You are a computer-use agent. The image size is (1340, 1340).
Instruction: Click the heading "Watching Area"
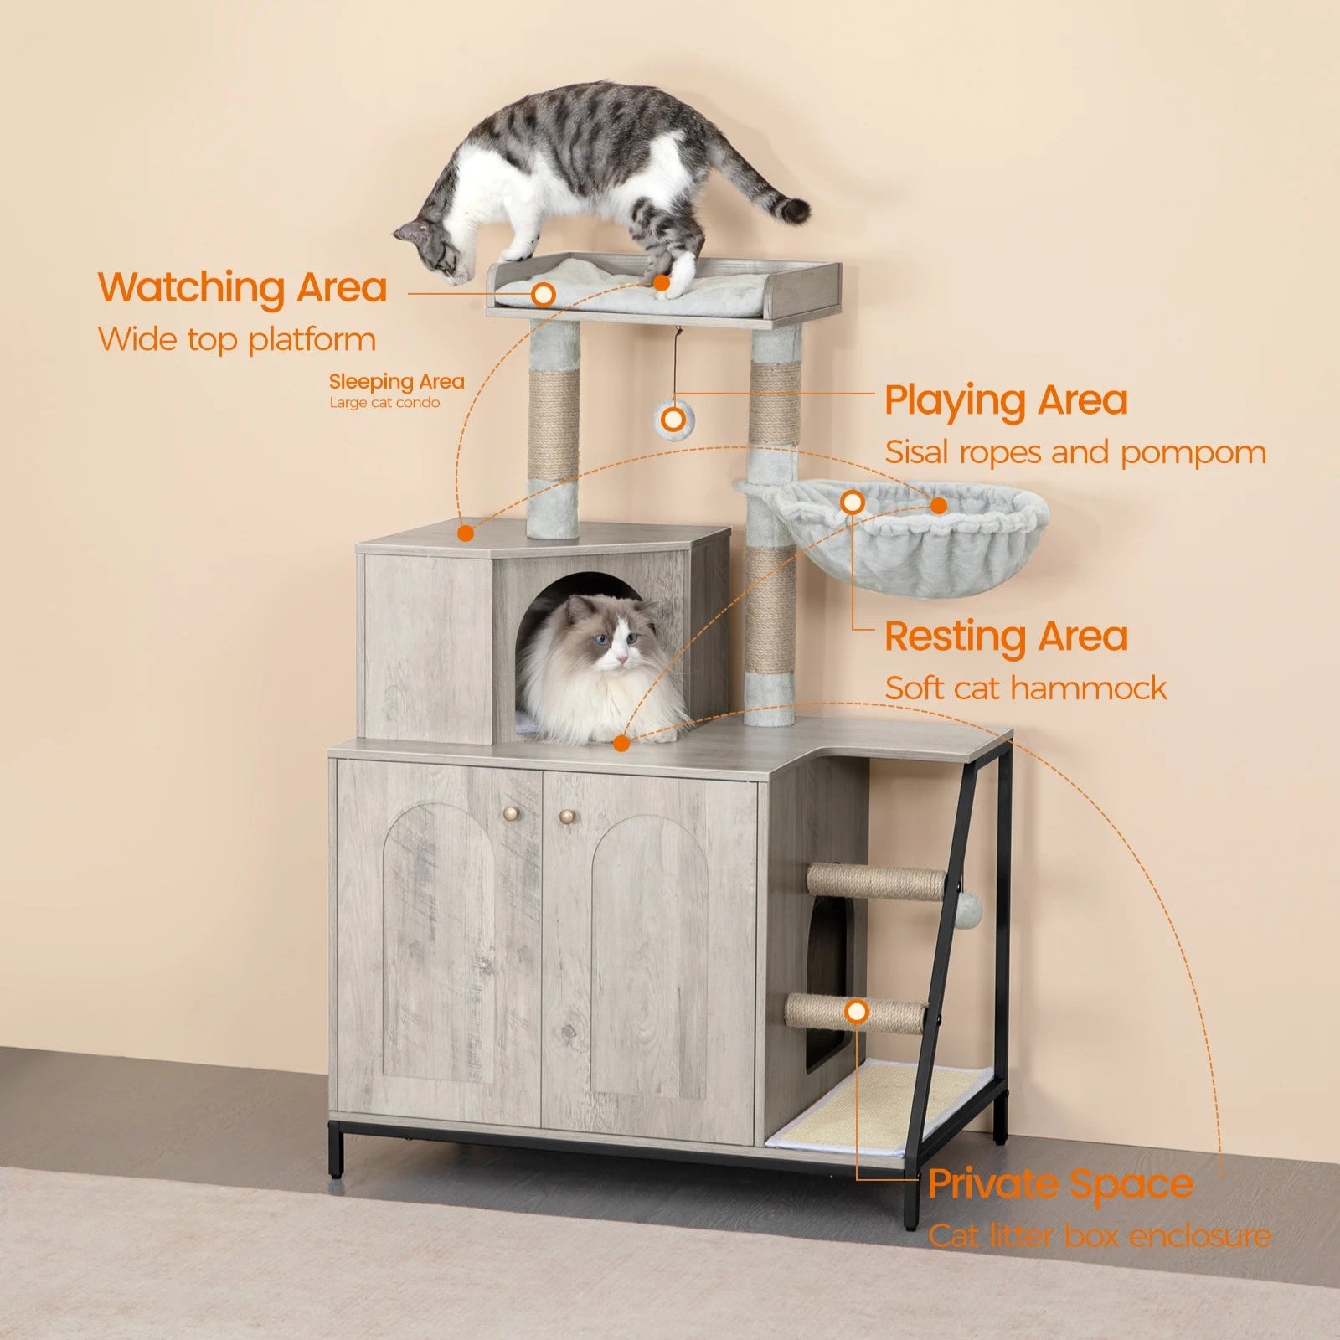(243, 287)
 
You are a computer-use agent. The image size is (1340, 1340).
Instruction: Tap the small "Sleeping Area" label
(396, 382)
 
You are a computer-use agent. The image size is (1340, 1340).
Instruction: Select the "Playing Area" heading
(1006, 401)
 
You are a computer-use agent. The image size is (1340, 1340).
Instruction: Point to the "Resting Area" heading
(1006, 636)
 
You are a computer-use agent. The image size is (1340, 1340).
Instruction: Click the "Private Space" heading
(1060, 1183)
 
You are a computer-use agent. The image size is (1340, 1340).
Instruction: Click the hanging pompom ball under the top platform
(672, 418)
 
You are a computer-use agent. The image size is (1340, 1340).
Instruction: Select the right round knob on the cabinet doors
(568, 815)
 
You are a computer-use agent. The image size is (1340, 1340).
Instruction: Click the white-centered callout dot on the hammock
(853, 502)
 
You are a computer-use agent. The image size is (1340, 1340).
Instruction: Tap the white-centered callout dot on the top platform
(544, 294)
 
